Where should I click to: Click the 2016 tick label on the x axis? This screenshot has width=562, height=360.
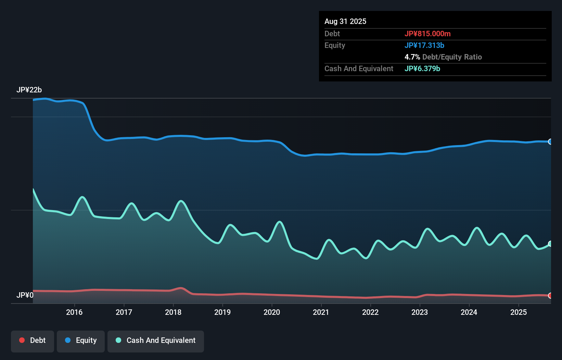tap(74, 312)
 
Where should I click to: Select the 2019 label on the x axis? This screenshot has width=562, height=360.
tap(222, 312)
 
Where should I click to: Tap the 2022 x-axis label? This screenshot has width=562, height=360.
tap(370, 312)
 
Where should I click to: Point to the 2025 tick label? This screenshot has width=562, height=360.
tap(519, 312)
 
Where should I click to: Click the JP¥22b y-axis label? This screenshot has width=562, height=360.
tap(29, 90)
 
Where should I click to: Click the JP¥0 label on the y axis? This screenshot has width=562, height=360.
tap(25, 295)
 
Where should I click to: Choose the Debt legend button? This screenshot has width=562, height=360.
tap(33, 340)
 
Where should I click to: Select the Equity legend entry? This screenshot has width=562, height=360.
tap(81, 340)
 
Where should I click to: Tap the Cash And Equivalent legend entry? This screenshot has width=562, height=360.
tap(156, 340)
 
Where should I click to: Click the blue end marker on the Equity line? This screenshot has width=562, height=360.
tap(550, 142)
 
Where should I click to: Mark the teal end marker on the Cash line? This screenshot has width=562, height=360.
tap(550, 244)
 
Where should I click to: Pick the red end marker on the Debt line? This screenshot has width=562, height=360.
tap(550, 296)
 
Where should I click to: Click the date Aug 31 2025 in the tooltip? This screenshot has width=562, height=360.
tap(345, 22)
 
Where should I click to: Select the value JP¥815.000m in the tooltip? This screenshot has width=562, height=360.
tap(427, 34)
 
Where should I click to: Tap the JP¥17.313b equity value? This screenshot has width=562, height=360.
tap(424, 46)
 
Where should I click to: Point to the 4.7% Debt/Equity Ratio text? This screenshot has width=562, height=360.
tap(443, 57)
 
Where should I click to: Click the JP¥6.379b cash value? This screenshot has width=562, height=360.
tap(422, 69)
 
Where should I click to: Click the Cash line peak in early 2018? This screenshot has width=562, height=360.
tap(181, 201)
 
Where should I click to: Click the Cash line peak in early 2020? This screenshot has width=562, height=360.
tap(280, 222)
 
